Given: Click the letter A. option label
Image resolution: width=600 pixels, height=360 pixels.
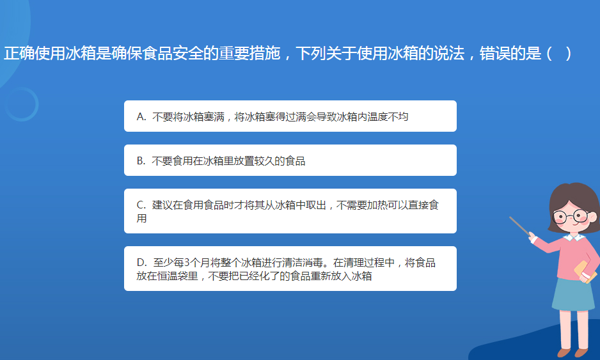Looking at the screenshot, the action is point(141,116).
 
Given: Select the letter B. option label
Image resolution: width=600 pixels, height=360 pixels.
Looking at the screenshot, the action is point(141,160).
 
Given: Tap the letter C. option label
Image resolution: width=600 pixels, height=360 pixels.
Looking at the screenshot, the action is point(141,205).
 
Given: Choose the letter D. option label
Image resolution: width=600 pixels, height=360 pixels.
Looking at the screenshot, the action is point(141,262).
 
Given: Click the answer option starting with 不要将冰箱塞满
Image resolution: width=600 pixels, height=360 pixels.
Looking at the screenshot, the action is point(290,116).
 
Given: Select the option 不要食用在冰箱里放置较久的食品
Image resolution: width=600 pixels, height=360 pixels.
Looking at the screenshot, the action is point(290,160).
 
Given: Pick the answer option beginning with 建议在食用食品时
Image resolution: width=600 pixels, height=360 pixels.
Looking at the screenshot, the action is point(290,211).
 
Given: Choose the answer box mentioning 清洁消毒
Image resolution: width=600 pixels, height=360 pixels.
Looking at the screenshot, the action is point(290,269).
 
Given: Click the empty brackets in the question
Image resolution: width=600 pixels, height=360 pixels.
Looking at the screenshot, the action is point(559,53).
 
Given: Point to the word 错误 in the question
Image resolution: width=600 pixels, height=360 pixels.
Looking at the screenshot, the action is point(494,53).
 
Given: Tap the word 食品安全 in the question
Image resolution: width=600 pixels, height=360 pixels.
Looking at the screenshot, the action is point(173,53).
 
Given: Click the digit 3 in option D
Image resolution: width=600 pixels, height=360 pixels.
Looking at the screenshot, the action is point(187,262).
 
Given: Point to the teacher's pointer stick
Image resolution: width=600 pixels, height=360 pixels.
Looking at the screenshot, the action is point(519,226).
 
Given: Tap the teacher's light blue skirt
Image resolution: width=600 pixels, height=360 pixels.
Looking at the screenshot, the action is point(574,293).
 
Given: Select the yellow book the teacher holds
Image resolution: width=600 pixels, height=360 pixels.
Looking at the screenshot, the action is point(585,271).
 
